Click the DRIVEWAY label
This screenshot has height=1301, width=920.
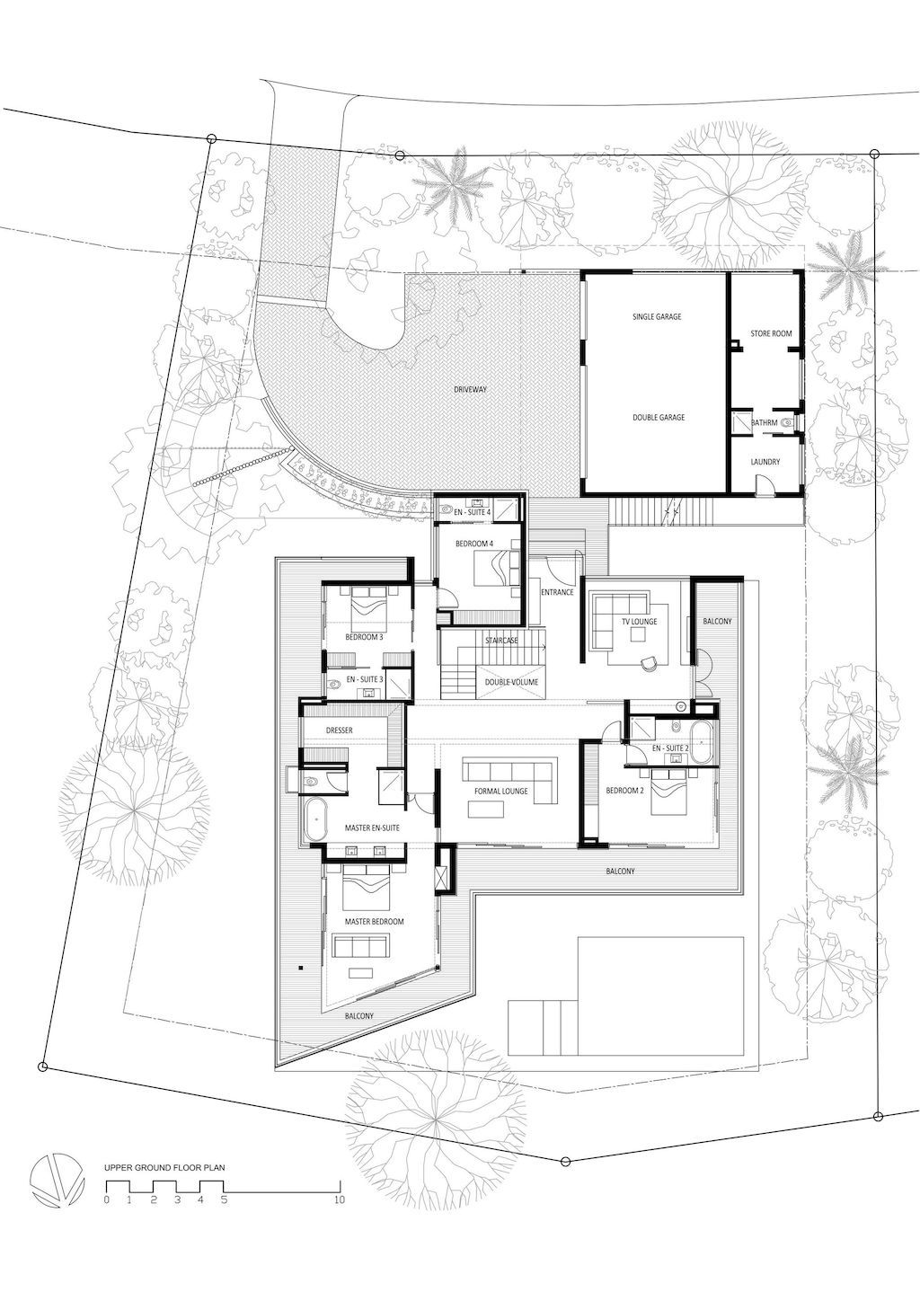pyautogui.click(x=470, y=389)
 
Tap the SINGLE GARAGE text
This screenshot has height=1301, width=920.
pyautogui.click(x=657, y=316)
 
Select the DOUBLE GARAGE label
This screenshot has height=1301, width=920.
pyautogui.click(x=658, y=417)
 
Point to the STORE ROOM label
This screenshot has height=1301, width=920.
pyautogui.click(x=771, y=333)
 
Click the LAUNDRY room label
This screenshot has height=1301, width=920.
pyautogui.click(x=765, y=462)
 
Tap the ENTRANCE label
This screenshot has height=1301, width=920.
pyautogui.click(x=557, y=592)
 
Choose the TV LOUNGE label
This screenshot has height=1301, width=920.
pyautogui.click(x=640, y=622)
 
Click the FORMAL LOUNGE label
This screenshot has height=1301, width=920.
pyautogui.click(x=500, y=791)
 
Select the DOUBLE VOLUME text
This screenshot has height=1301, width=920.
pyautogui.click(x=511, y=682)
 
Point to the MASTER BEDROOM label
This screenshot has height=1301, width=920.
pyautogui.click(x=374, y=921)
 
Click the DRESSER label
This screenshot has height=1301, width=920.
pyautogui.click(x=340, y=730)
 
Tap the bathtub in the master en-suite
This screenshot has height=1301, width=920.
pyautogui.click(x=314, y=819)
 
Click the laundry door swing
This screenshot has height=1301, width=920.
pyautogui.click(x=762, y=482)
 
